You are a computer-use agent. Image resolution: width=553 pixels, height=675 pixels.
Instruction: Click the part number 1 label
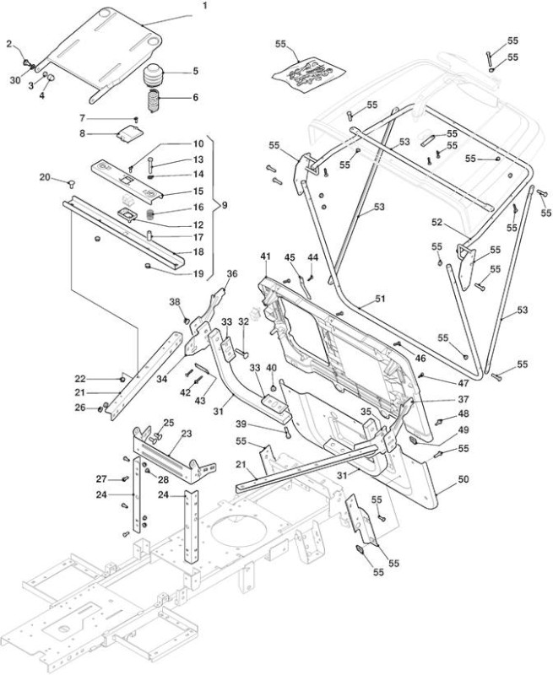tap(204, 6)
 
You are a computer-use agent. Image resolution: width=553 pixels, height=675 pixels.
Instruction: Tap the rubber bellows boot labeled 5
tap(154, 76)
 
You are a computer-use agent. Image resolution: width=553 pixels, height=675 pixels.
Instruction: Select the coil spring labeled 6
tap(154, 100)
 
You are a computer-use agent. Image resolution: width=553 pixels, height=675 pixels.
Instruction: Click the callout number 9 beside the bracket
tap(225, 205)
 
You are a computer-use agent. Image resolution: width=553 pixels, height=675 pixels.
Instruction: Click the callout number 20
tap(45, 176)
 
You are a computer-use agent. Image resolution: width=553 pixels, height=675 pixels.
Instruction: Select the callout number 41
tap(265, 256)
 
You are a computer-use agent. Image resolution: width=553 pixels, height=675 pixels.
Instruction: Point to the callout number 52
tap(436, 222)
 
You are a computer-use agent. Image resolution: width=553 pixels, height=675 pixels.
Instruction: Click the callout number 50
tap(463, 479)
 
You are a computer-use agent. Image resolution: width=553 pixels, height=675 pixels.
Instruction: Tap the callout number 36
tap(232, 273)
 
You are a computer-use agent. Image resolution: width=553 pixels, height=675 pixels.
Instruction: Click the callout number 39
tap(241, 424)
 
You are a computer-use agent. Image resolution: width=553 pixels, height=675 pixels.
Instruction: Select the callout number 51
tap(380, 299)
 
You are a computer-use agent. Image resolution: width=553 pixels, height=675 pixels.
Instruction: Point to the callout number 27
tap(101, 478)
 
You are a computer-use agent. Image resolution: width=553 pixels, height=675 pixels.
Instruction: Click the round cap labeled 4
tap(51, 78)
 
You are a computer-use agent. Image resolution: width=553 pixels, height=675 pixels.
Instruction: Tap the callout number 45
tap(290, 257)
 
